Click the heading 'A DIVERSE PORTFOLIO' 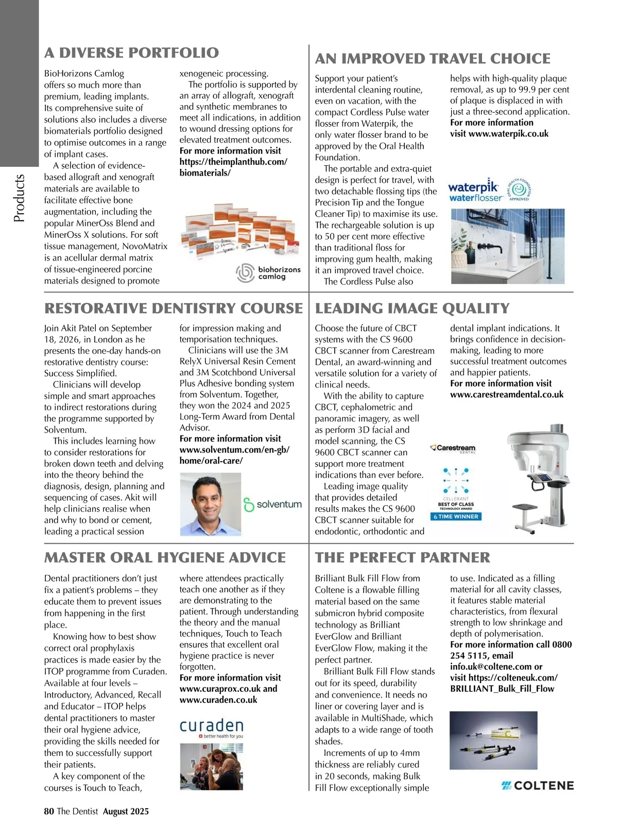[x=131, y=53]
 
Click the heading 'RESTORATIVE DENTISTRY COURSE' [x=174, y=308]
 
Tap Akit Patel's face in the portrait [x=211, y=502]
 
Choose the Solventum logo [x=272, y=505]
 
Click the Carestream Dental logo [x=453, y=448]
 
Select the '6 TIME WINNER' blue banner [x=455, y=516]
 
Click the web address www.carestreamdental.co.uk [x=507, y=395]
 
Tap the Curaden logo [x=211, y=727]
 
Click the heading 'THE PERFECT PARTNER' [x=402, y=558]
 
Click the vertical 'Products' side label [x=19, y=198]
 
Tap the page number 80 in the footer [x=49, y=811]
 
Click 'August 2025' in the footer [x=126, y=811]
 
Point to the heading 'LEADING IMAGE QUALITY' [x=412, y=308]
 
